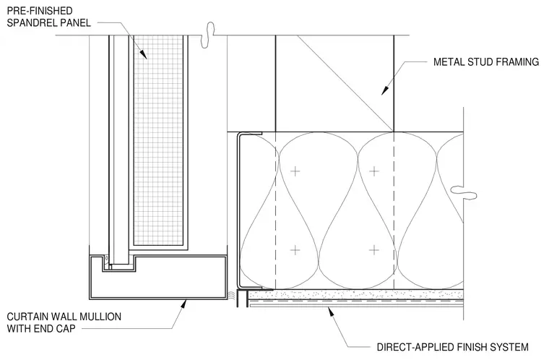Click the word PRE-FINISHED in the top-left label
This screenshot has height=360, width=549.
40,11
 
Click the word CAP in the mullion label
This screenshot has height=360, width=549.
66,329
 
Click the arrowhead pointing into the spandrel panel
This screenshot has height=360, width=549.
143,53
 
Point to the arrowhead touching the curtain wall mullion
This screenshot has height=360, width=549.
182,304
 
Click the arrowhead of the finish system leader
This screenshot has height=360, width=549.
330,312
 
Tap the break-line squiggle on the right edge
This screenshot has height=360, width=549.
464,192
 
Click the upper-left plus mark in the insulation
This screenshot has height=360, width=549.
295,171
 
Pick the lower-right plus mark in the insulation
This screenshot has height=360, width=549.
374,250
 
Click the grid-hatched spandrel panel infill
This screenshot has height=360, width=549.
159,140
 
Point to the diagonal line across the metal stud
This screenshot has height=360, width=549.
345,84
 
